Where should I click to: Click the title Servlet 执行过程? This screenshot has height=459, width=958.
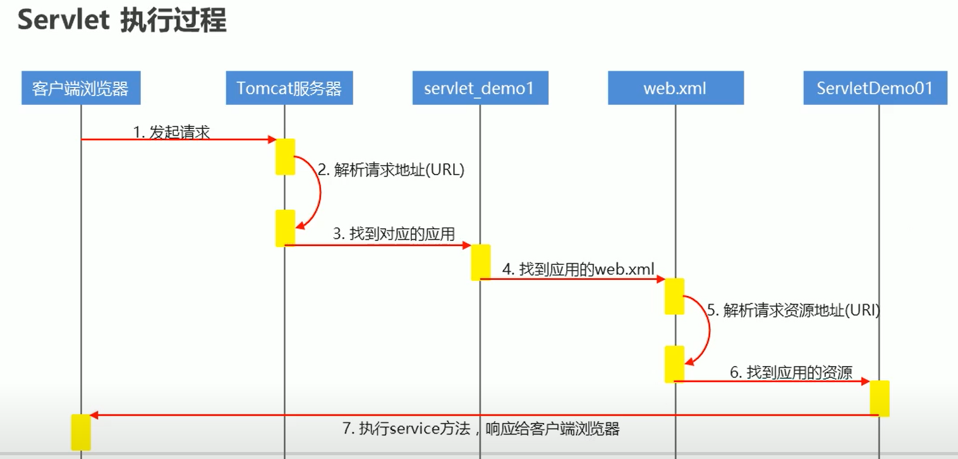(121, 21)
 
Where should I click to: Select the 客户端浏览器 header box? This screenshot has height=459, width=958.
(81, 89)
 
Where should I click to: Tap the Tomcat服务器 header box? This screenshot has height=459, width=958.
(289, 89)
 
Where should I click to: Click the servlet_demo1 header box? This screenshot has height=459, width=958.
(480, 89)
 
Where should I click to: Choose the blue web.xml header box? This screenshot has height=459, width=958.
(676, 89)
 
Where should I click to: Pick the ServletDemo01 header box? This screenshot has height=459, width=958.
(875, 89)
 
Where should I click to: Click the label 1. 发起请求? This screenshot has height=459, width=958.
(171, 132)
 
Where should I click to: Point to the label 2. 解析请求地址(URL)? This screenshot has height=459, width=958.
(391, 170)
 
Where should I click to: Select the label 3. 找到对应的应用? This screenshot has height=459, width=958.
(394, 234)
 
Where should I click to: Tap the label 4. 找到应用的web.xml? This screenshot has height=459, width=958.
(578, 269)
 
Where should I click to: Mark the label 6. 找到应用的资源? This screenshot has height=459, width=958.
(791, 372)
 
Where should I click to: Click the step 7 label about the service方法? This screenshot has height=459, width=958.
(481, 429)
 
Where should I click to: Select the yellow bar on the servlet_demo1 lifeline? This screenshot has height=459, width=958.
(481, 262)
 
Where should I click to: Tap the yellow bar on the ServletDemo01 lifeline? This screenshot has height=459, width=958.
(880, 398)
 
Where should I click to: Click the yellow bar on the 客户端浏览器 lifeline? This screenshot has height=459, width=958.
(81, 432)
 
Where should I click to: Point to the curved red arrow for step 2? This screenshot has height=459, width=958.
(320, 190)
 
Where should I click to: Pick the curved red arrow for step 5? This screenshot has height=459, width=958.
(708, 329)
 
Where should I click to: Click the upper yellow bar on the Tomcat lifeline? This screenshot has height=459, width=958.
(285, 156)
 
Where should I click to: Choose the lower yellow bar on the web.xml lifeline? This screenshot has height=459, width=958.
(674, 364)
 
